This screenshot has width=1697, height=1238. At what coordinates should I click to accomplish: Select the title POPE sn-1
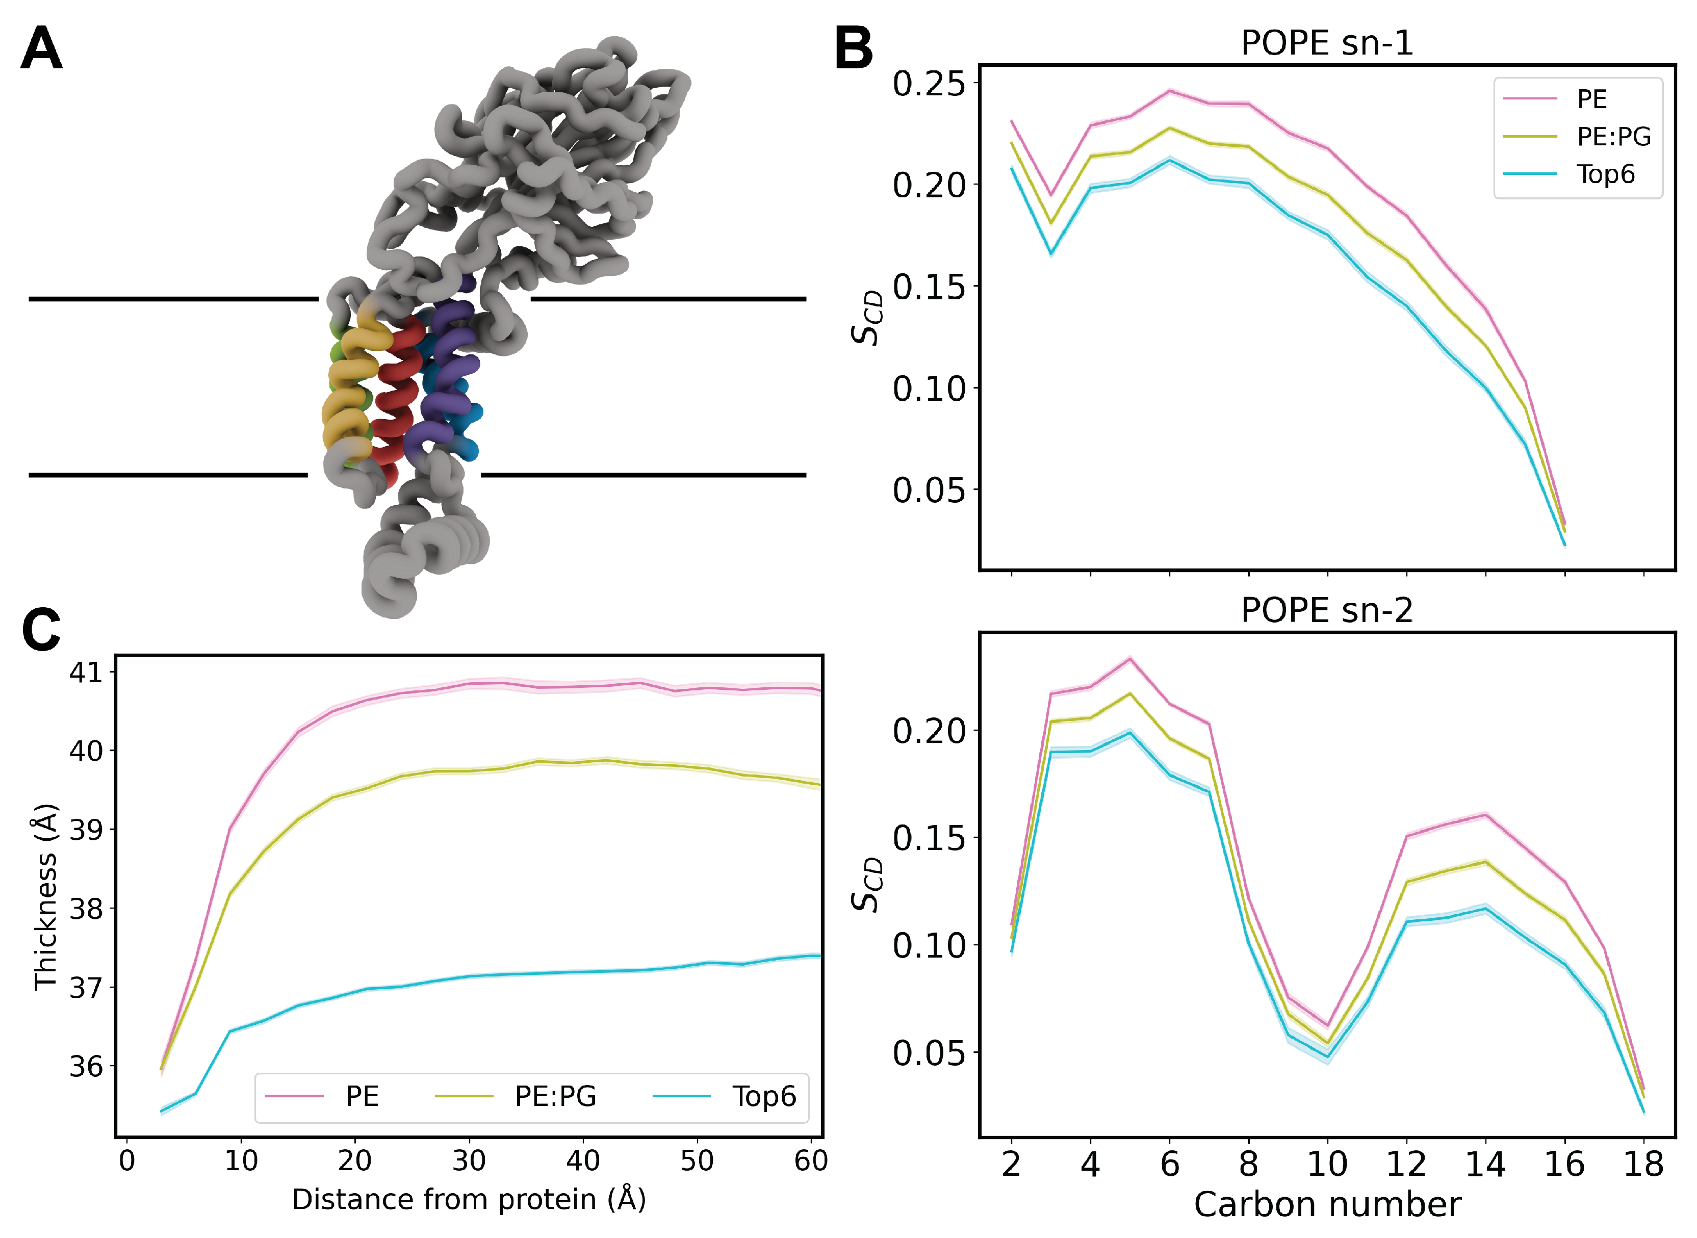tap(1327, 43)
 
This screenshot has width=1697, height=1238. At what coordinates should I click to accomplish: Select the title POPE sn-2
tap(1327, 610)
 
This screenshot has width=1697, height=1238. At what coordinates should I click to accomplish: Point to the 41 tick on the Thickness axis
tap(86, 672)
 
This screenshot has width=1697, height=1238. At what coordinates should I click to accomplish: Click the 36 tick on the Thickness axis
tap(86, 1066)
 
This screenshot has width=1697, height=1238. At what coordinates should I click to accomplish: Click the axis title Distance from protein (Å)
tap(469, 1200)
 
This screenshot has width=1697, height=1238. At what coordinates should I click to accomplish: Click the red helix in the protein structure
tap(397, 390)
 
